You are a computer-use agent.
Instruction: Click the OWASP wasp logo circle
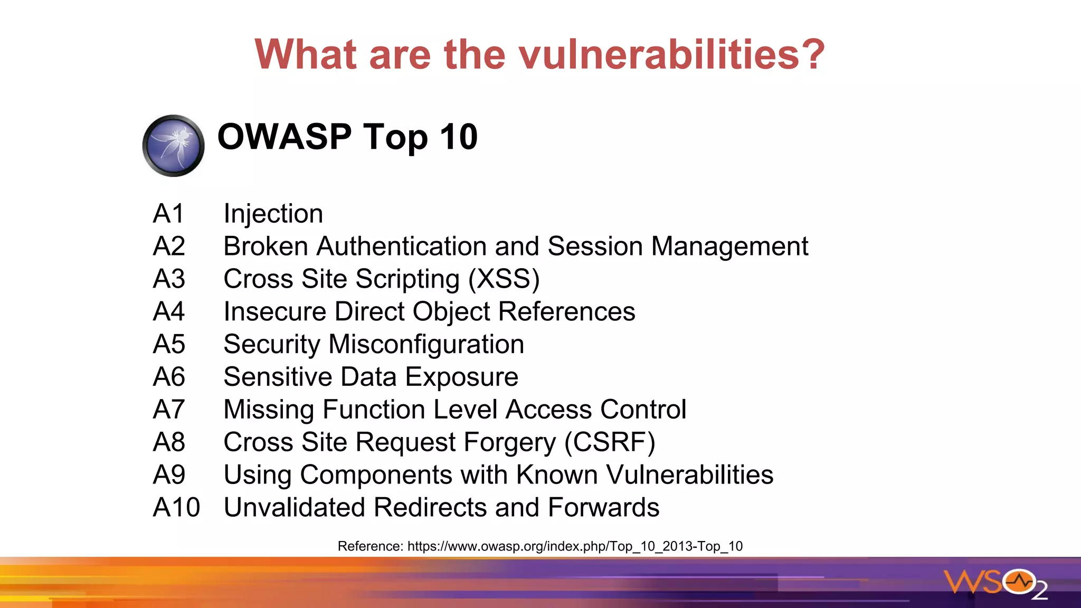(173, 146)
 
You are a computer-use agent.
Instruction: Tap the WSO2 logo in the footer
(995, 583)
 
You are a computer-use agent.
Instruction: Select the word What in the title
(306, 54)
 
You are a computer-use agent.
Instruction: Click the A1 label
(168, 214)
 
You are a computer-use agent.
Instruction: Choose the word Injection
(273, 214)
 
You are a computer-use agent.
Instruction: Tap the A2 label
(169, 246)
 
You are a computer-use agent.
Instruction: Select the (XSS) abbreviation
(504, 279)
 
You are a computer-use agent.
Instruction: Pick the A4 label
(169, 311)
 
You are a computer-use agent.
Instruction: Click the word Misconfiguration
(426, 345)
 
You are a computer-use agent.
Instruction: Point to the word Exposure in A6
(461, 377)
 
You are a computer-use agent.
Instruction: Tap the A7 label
(169, 410)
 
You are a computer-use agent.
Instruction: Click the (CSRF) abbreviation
(610, 442)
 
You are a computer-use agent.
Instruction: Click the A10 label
(176, 508)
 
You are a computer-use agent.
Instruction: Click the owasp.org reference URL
(575, 546)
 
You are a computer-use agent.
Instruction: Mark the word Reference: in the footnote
(370, 546)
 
